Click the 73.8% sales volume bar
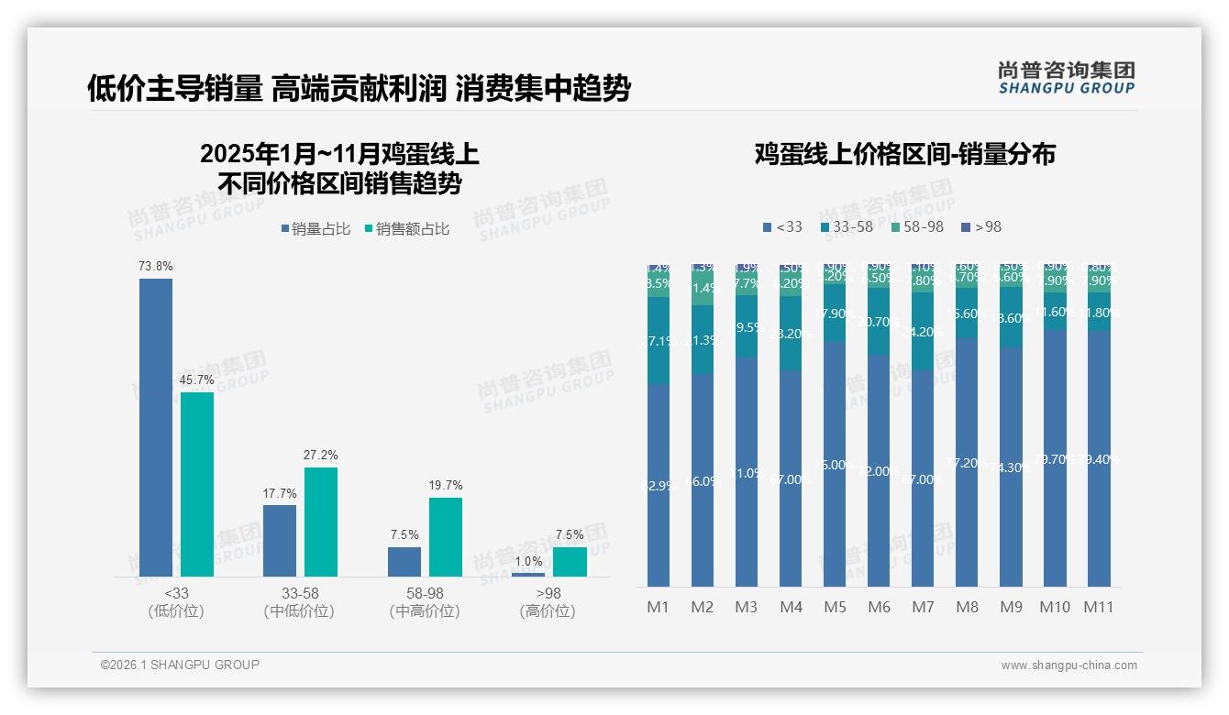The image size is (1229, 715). tap(156, 427)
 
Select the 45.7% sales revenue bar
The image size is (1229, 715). tap(197, 484)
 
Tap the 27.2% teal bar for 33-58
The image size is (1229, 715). tap(321, 522)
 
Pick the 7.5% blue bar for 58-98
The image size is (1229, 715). tap(404, 561)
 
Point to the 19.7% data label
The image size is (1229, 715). tap(446, 486)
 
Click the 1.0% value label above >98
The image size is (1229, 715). tap(528, 562)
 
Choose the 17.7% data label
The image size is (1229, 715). tap(280, 493)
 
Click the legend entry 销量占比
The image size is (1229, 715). tap(316, 229)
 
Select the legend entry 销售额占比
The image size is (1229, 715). tap(407, 229)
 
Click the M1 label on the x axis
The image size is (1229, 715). tap(658, 607)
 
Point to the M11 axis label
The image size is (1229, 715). tap(1098, 607)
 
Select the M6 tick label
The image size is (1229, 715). tap(879, 607)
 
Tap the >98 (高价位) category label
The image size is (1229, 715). tap(548, 602)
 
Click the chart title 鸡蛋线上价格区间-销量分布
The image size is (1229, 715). tap(904, 154)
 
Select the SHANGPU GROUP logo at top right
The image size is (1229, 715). tap(1066, 77)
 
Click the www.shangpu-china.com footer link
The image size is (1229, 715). tap(1068, 665)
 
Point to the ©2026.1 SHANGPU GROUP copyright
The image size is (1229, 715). tap(180, 665)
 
